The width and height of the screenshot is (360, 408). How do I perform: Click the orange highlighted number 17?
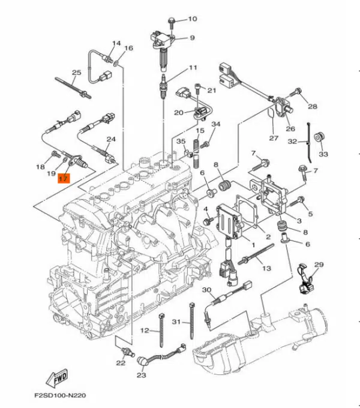(x=64, y=178)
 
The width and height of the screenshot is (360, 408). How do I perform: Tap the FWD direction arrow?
(x=56, y=378)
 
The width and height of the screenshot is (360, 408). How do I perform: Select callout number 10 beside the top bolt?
(x=192, y=19)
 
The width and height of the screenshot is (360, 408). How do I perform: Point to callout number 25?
(x=76, y=73)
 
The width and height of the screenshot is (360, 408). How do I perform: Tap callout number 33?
(x=323, y=154)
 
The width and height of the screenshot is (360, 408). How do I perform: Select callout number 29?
(x=319, y=265)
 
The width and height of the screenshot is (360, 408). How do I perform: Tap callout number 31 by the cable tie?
(x=176, y=322)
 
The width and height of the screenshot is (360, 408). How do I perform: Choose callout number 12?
(x=145, y=331)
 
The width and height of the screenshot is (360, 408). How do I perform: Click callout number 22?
(x=121, y=363)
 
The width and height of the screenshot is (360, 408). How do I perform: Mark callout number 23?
(x=141, y=376)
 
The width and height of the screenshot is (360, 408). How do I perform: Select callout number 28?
(x=312, y=107)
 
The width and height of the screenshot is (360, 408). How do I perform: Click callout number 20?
(x=179, y=112)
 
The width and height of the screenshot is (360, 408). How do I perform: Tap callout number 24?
(x=110, y=139)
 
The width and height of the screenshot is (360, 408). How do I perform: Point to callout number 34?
(x=216, y=125)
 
